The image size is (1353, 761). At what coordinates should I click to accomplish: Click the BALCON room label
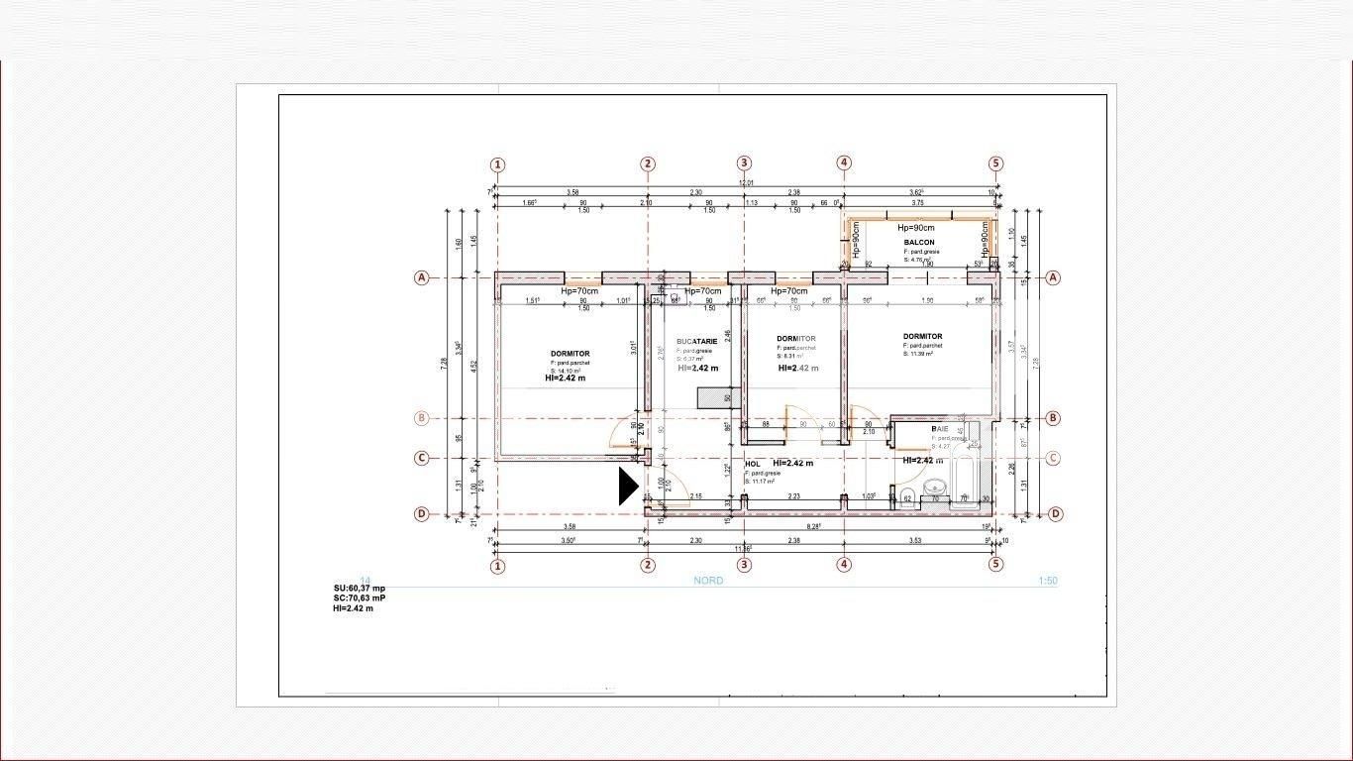tap(918, 243)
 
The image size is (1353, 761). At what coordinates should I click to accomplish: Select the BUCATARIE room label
tap(696, 341)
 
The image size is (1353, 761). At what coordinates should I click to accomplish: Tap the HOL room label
tap(753, 464)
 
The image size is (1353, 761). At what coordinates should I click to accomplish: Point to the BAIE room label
tap(940, 429)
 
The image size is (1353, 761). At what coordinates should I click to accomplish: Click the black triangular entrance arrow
tap(628, 487)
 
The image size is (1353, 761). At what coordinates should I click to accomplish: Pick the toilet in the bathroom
tap(905, 496)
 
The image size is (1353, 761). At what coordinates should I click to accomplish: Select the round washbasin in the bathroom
tap(935, 488)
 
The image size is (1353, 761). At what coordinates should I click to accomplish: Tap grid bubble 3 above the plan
tap(745, 164)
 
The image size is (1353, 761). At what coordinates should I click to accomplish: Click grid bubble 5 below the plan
tap(995, 565)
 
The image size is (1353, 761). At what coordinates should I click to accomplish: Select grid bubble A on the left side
tap(422, 277)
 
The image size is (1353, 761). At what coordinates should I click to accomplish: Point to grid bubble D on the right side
tap(1056, 513)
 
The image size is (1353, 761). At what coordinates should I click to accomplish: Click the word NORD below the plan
tap(708, 581)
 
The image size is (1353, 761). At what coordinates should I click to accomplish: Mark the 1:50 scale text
tap(1048, 581)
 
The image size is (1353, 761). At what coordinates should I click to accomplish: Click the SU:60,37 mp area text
tap(360, 589)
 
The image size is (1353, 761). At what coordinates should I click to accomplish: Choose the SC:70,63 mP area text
tap(360, 598)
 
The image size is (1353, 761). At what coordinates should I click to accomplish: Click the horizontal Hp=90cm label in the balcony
tap(916, 228)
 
